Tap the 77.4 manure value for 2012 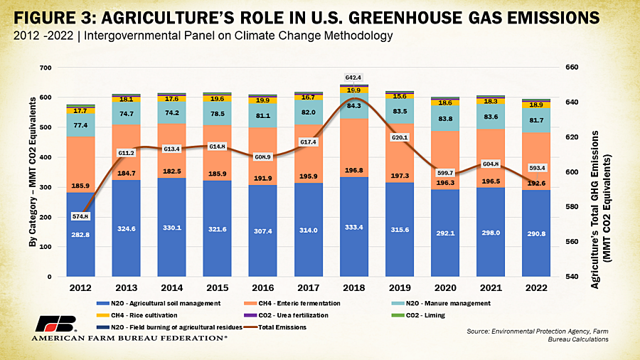pos(81,125)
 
